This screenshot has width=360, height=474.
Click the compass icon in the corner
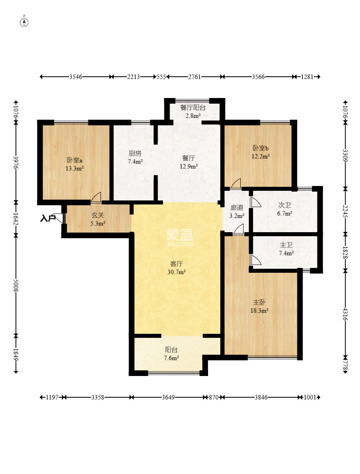coord(24,22)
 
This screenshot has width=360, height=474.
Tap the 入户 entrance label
coord(48,218)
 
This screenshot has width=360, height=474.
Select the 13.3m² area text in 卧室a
coord(75,168)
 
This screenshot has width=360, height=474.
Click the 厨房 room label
coord(135,153)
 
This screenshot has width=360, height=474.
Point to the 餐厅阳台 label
coord(193,107)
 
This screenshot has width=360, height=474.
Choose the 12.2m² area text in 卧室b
coord(260,156)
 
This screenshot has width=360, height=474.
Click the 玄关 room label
coord(98,215)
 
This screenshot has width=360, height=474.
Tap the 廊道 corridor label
coord(237,208)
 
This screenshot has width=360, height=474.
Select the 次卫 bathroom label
coord(284,205)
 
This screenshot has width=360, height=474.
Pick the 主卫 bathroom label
coord(286,245)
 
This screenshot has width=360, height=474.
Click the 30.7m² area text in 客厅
coord(176,272)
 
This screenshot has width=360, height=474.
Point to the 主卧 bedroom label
coord(259,302)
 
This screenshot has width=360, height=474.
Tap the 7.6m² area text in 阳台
coord(172,358)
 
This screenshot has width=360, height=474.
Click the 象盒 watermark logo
coord(180,234)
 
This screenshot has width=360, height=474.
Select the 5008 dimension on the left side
coord(16,285)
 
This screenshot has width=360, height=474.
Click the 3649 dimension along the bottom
coord(168,397)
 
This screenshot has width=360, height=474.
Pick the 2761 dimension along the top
coord(194,77)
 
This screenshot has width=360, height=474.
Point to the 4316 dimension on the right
coord(346,315)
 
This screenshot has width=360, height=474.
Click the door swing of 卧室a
coord(96,197)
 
